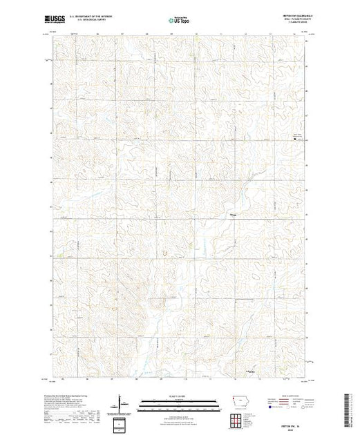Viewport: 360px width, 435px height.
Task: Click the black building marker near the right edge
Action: click(296, 139)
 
